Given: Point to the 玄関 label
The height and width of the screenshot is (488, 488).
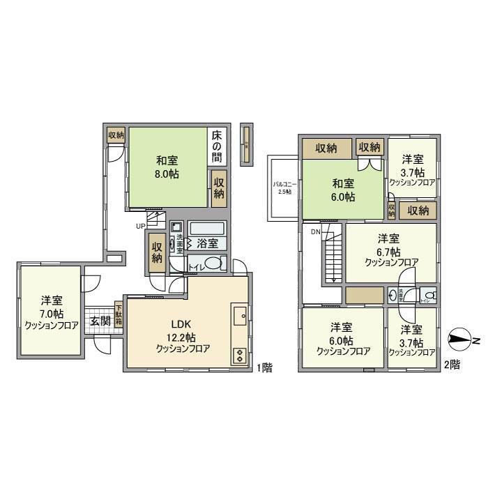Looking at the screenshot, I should pos(100,321).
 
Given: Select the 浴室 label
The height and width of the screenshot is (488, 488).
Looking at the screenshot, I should pos(207,244).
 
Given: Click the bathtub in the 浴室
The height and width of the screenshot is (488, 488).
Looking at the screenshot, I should pos(206,229).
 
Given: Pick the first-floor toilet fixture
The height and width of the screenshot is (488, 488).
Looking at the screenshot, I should pos(215,264).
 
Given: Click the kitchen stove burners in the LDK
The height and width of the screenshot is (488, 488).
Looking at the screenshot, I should pos(240,355).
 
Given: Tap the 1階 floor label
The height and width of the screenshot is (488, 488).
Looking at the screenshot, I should pos(263,367).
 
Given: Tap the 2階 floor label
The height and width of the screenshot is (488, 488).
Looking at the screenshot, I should pos(452,365).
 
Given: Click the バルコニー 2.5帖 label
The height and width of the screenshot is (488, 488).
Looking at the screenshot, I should pos(283,188).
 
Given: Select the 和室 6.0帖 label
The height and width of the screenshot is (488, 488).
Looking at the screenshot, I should pos(342,190).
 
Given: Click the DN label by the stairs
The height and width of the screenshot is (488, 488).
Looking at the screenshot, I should pos(316,231).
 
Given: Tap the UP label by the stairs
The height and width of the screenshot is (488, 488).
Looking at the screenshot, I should pos(141,226).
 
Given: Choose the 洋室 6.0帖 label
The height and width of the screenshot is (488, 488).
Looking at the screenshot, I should pos(342,339).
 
